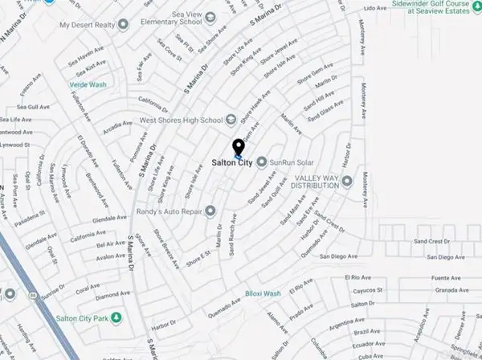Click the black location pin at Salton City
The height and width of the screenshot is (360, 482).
(238, 148)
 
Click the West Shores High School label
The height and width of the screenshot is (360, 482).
(180, 121)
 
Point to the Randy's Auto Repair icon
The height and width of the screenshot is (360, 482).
(210, 211)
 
